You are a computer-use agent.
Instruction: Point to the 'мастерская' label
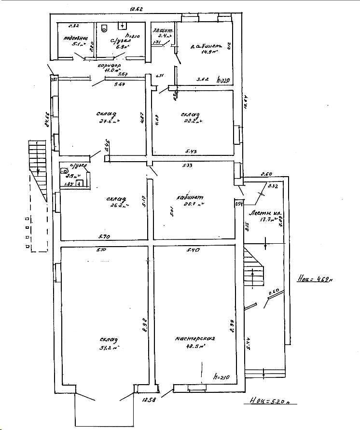point(195,339)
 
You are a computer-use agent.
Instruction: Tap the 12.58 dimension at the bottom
point(148,399)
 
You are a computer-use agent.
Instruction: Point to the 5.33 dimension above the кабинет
point(188,166)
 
